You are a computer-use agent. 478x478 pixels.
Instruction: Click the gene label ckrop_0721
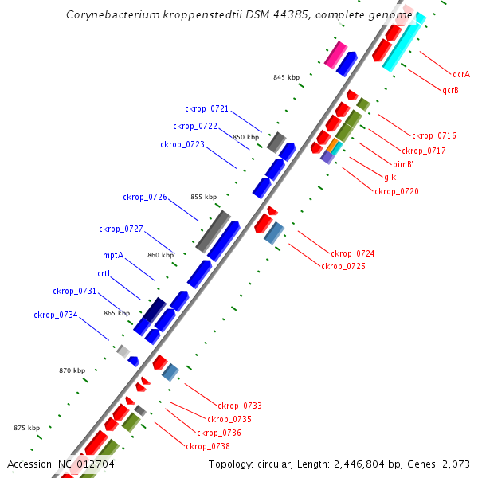(x=206, y=108)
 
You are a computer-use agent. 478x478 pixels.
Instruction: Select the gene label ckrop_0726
(x=144, y=197)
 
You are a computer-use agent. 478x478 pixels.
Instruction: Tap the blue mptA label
(x=112, y=256)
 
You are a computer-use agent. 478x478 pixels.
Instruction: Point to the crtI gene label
(x=104, y=273)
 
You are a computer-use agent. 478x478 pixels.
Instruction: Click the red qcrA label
(x=460, y=74)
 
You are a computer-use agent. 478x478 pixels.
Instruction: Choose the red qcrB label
(x=450, y=90)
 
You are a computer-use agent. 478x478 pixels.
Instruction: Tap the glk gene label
(x=390, y=177)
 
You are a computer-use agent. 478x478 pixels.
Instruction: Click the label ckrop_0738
(x=207, y=446)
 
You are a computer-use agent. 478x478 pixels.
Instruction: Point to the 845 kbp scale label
(x=286, y=77)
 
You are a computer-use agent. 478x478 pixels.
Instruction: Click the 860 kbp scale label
(x=160, y=255)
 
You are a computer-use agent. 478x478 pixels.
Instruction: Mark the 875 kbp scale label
(x=26, y=429)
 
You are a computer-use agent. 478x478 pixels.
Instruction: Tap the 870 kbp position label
(x=72, y=370)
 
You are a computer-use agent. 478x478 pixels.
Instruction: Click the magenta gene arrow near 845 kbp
(x=335, y=55)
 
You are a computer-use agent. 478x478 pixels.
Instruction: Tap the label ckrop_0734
(x=55, y=315)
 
